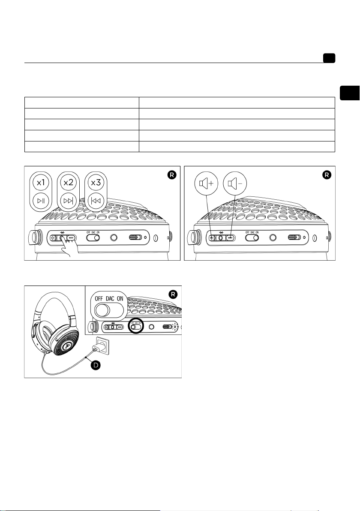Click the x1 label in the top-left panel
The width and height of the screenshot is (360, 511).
(x=41, y=183)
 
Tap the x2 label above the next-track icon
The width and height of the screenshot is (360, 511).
(x=68, y=183)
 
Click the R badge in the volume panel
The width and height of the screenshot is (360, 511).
(x=326, y=175)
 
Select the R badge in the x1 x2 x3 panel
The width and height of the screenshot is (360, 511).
(x=171, y=175)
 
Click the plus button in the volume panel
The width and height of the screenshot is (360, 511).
(x=211, y=237)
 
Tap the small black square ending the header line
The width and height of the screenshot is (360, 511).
(x=329, y=59)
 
